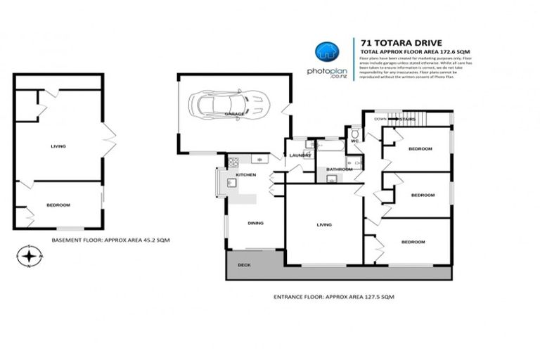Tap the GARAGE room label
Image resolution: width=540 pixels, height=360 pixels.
234,113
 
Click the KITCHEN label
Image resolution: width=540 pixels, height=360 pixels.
245,174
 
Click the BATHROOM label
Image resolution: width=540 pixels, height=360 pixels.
339,169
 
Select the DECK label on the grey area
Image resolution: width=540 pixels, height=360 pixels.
244,265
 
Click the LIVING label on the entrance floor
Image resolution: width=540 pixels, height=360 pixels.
324,225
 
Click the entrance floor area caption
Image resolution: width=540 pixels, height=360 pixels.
333,297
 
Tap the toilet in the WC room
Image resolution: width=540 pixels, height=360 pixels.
356,133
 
